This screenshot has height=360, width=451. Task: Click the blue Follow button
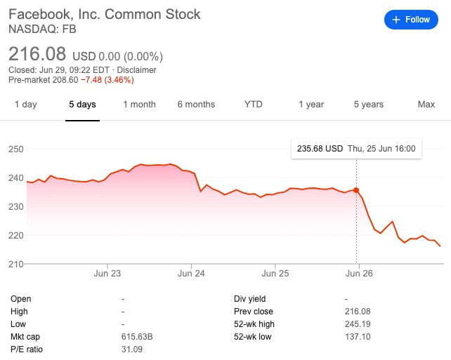411,20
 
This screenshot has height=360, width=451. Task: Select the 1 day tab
25,105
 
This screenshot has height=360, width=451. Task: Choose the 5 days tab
82,105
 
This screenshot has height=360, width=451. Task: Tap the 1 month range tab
139,105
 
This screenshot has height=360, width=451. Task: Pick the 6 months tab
196,105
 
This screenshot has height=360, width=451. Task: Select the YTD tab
253,105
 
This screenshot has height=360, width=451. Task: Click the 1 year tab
311,105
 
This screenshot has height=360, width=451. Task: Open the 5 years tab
368,105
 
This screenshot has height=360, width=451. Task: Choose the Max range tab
426,105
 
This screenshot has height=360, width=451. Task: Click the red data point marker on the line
356,190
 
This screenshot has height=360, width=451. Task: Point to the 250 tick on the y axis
16,149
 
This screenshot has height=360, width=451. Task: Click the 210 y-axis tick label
16,263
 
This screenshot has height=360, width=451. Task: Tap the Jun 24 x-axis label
192,274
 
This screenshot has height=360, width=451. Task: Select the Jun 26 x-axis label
359,274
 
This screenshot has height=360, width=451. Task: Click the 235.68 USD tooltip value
320,149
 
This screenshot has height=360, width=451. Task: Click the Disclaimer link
137,70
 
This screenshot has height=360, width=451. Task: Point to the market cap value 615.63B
137,337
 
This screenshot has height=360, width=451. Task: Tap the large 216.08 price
37,53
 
